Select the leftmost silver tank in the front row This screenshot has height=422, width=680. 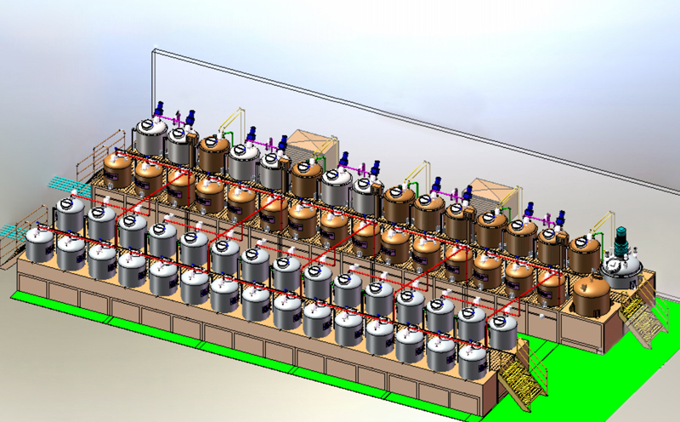40,244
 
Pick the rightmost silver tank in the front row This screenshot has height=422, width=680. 501,333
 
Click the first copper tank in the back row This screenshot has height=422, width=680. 212,154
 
